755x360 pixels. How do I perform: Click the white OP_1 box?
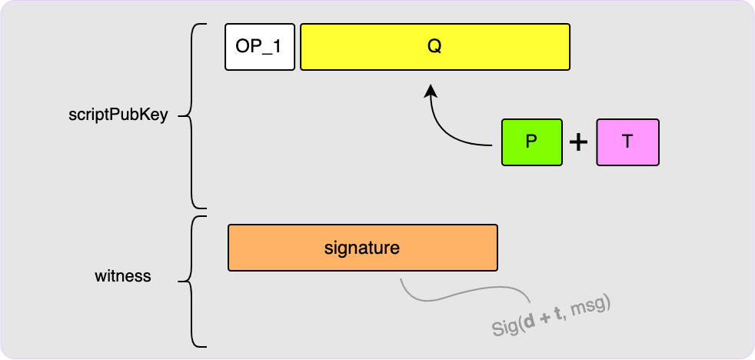pyautogui.click(x=259, y=47)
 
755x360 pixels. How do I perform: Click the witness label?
pyautogui.click(x=122, y=275)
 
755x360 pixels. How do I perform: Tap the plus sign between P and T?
pyautogui.click(x=577, y=142)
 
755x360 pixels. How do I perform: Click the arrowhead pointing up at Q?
pyautogui.click(x=431, y=92)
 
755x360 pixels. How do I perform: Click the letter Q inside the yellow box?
pyautogui.click(x=434, y=47)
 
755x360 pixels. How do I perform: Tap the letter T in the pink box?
pyautogui.click(x=627, y=142)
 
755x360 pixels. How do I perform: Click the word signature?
pyautogui.click(x=362, y=248)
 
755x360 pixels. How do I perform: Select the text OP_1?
pyautogui.click(x=259, y=47)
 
